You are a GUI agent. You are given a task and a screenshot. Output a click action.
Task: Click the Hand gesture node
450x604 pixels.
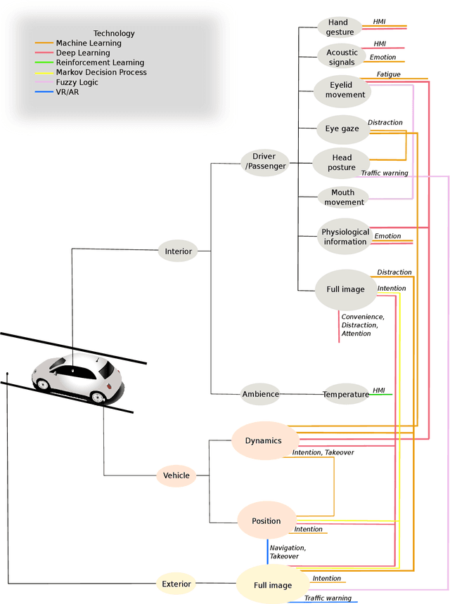pyautogui.click(x=340, y=27)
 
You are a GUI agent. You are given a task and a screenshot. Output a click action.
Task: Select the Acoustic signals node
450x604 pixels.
pyautogui.click(x=342, y=57)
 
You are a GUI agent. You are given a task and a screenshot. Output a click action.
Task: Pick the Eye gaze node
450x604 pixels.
pyautogui.click(x=342, y=129)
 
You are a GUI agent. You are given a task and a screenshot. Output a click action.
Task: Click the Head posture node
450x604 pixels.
pyautogui.click(x=342, y=162)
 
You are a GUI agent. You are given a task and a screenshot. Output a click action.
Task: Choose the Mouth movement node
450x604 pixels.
pyautogui.click(x=343, y=197)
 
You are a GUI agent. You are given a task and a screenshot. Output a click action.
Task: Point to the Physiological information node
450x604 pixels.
pyautogui.click(x=345, y=237)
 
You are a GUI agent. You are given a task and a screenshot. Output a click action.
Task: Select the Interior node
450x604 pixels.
pyautogui.click(x=178, y=251)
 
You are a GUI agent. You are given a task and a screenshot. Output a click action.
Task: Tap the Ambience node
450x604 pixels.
pyautogui.click(x=260, y=394)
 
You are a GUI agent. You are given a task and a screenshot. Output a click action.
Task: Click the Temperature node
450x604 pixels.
pyautogui.click(x=346, y=394)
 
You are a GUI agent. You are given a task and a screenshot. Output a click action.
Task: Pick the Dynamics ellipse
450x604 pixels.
pyautogui.click(x=263, y=440)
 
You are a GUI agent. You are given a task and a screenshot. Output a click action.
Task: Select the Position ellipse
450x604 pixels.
pyautogui.click(x=266, y=521)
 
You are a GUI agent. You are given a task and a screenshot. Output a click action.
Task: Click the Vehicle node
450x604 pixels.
pyautogui.click(x=176, y=475)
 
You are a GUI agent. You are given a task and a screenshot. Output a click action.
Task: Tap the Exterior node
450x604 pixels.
pyautogui.click(x=176, y=583)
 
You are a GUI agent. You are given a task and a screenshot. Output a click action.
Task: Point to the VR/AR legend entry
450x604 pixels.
pyautogui.click(x=67, y=92)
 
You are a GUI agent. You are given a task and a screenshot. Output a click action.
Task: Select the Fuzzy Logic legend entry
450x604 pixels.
pyautogui.click(x=77, y=82)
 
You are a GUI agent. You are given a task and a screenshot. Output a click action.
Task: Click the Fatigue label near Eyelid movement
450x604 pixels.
pyautogui.click(x=388, y=74)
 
